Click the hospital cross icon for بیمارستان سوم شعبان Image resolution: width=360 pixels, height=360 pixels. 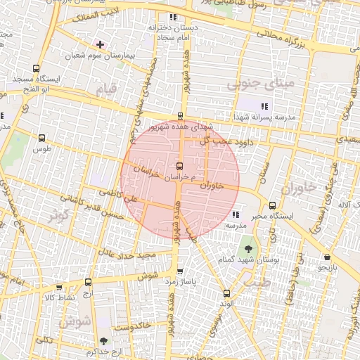[x=100, y=44]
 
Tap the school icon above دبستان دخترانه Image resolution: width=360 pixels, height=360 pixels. [x=173, y=17]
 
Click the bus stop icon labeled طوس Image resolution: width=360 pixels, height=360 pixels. [x=42, y=138]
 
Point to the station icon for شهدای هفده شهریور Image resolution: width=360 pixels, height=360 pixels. [x=181, y=117]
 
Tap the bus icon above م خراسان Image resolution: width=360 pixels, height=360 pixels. [x=180, y=167]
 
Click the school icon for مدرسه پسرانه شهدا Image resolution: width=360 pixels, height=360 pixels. [x=264, y=105]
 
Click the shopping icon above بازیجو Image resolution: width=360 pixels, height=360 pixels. [x=327, y=257]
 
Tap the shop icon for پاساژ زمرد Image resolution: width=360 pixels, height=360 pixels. [x=181, y=272]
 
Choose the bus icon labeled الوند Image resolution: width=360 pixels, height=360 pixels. [x=226, y=293]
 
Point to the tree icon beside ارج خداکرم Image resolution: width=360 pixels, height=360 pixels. [x=104, y=341]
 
